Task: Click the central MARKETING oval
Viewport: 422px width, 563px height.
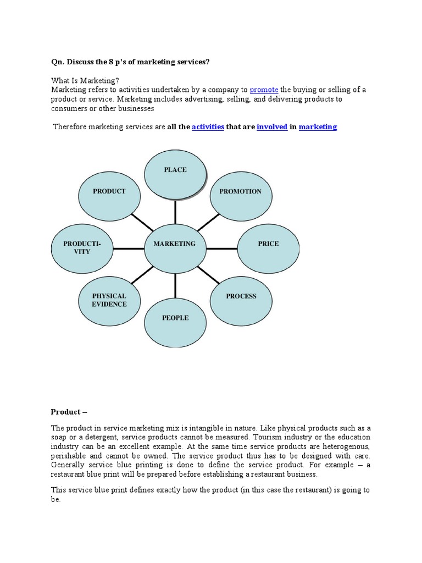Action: point(175,244)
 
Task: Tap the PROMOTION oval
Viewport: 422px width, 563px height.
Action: point(241,192)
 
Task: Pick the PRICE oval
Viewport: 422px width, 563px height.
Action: point(268,244)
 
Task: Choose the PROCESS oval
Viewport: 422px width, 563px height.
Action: point(241,296)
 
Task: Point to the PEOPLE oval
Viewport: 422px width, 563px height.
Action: point(175,318)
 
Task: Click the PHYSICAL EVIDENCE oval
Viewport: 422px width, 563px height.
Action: point(109,300)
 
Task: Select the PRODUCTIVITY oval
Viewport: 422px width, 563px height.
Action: point(82,247)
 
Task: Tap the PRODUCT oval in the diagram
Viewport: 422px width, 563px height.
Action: point(109,192)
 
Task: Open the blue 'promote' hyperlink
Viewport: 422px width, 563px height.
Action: point(264,90)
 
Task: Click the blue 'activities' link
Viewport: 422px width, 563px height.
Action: point(208,127)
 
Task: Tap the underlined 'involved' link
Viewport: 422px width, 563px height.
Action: point(272,127)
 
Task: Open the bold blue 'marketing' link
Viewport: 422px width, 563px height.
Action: point(318,127)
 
